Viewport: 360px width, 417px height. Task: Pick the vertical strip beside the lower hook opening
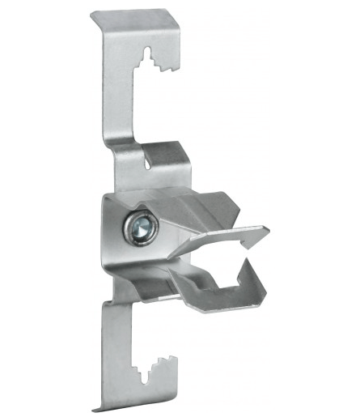(116, 348)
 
